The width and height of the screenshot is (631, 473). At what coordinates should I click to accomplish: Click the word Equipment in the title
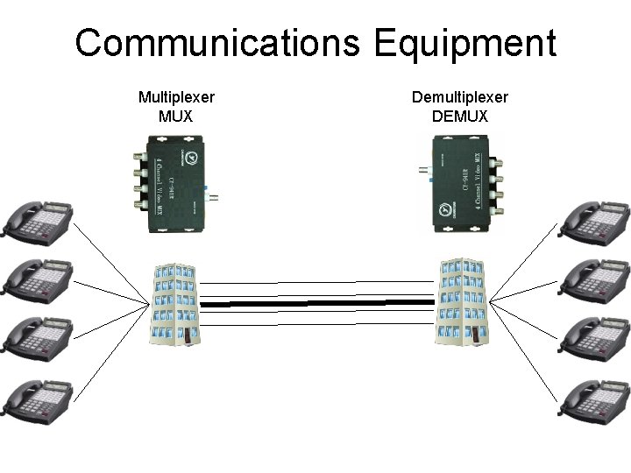(465, 43)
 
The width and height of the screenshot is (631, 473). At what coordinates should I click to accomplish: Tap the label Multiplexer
(176, 97)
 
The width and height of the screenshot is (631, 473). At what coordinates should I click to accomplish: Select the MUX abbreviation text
(176, 116)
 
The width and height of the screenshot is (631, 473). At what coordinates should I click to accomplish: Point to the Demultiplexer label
(460, 97)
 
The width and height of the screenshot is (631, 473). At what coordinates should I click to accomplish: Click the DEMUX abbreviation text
(460, 116)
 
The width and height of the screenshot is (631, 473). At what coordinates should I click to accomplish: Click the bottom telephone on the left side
(38, 400)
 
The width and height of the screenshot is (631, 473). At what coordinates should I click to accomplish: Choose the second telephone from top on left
(38, 278)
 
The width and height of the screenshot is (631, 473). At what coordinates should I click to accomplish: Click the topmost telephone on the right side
(595, 223)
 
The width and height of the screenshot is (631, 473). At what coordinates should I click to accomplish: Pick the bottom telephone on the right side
(595, 400)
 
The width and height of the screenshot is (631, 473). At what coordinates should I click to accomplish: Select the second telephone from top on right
(595, 278)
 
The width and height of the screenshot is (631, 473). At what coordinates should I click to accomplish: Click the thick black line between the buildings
(320, 303)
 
